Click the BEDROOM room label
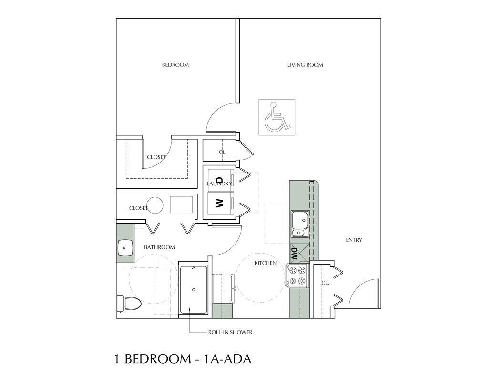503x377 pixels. [175, 65]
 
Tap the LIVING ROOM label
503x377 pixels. [305, 65]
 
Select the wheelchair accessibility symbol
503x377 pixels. [277, 117]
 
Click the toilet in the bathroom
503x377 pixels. [128, 302]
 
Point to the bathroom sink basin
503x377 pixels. [125, 247]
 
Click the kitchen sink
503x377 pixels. [299, 223]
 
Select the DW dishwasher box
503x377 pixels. [295, 253]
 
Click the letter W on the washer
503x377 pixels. [219, 204]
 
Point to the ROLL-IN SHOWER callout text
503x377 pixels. [230, 332]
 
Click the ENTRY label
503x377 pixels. [354, 240]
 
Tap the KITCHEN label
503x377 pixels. [266, 263]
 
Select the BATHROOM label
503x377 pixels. [159, 247]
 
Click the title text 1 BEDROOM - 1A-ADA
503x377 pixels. [182, 359]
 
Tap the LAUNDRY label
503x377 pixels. [219, 183]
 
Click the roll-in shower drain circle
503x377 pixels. [194, 289]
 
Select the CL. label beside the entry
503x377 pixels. [325, 283]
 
